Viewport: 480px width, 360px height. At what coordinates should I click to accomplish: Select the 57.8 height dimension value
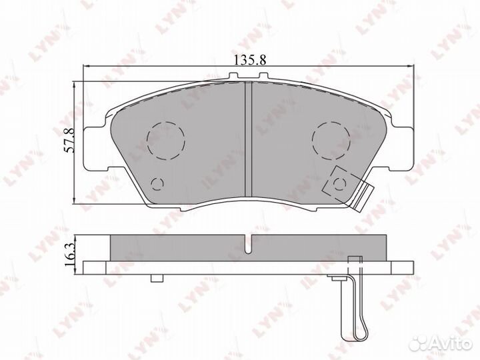tap(69, 140)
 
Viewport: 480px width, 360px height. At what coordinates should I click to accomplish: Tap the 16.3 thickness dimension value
tap(69, 254)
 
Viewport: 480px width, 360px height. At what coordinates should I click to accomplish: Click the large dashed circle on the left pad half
tap(165, 141)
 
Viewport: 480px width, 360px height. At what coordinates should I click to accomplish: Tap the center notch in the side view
tap(247, 246)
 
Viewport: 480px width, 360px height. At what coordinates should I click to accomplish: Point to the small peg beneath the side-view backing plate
tap(157, 278)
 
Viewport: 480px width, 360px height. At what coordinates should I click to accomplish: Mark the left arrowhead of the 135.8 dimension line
tap(85, 66)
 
